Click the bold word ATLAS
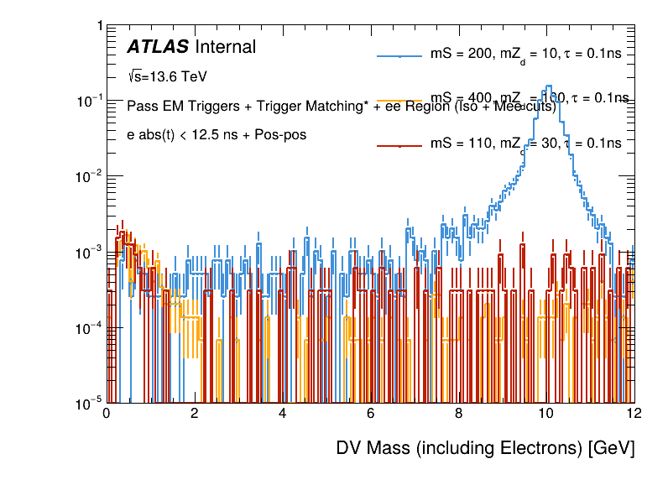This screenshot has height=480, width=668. (x=157, y=47)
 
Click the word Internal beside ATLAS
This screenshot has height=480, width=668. (x=225, y=47)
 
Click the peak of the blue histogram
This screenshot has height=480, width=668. (x=548, y=86)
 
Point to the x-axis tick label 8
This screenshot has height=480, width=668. (x=458, y=413)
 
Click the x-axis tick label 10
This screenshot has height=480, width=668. (x=546, y=413)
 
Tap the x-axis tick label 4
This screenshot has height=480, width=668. (x=282, y=413)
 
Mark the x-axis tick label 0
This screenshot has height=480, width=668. (x=107, y=413)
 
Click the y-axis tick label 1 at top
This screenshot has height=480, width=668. (x=99, y=27)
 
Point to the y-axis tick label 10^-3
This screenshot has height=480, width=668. (x=86, y=252)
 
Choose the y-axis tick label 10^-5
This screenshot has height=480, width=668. (x=86, y=403)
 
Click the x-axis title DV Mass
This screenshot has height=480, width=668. (x=485, y=448)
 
